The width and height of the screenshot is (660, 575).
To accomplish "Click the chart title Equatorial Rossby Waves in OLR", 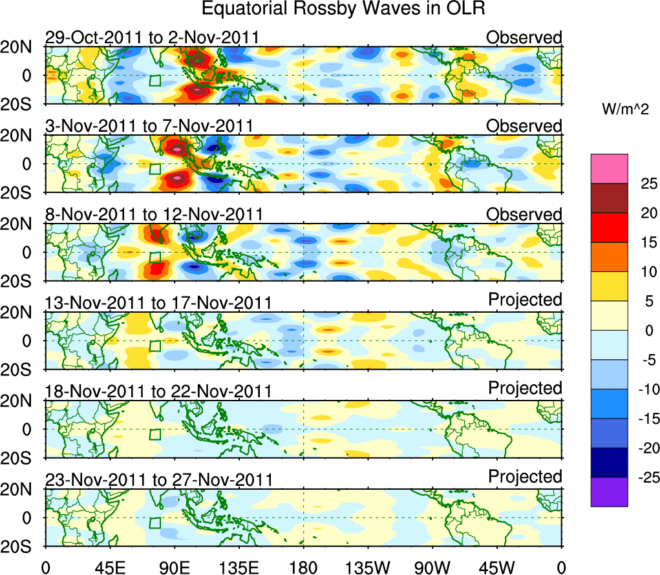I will coord(343,9).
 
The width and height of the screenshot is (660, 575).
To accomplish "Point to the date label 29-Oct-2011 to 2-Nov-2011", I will coord(152,37).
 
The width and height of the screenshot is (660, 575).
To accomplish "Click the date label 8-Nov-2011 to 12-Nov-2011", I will coord(154,214).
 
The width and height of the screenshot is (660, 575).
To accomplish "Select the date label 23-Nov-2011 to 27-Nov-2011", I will coord(158,480).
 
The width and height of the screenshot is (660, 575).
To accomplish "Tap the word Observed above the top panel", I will coord(524,37).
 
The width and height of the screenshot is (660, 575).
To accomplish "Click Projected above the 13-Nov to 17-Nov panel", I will coord(525,300).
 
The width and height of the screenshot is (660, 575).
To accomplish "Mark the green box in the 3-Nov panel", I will coord(154,169).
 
